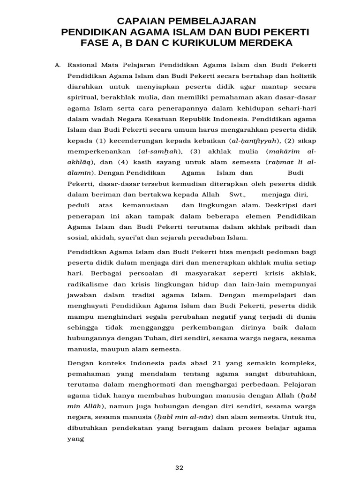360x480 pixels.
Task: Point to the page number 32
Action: (x=180, y=467)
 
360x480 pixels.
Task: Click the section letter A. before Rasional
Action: (x=58, y=65)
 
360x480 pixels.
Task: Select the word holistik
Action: (x=302, y=75)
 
